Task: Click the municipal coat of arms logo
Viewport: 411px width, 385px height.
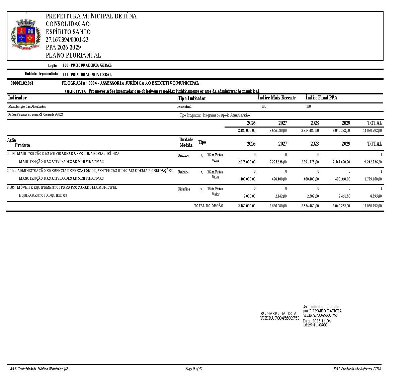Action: [26, 35]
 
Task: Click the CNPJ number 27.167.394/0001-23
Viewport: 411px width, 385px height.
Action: [67, 40]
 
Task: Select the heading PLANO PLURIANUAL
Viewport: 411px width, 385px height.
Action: [73, 56]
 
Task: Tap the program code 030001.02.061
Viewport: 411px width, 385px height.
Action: [22, 83]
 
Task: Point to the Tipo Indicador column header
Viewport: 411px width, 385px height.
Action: [192, 98]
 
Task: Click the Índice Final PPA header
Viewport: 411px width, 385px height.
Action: [321, 98]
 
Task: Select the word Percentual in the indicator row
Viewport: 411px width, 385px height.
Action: [184, 106]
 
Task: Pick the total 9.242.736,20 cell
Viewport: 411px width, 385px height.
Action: [372, 162]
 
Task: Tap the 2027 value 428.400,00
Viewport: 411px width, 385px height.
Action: [278, 179]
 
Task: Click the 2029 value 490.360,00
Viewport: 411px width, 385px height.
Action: [341, 179]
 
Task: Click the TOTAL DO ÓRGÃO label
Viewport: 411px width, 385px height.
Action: [209, 206]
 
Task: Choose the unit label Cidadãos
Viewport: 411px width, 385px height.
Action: [184, 189]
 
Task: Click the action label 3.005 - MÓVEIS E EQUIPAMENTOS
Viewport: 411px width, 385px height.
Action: [62, 187]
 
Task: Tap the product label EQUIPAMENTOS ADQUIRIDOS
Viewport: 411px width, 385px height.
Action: [43, 196]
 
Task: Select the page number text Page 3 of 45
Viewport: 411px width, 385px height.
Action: [194, 369]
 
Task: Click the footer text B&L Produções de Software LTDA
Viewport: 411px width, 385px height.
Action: [357, 369]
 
